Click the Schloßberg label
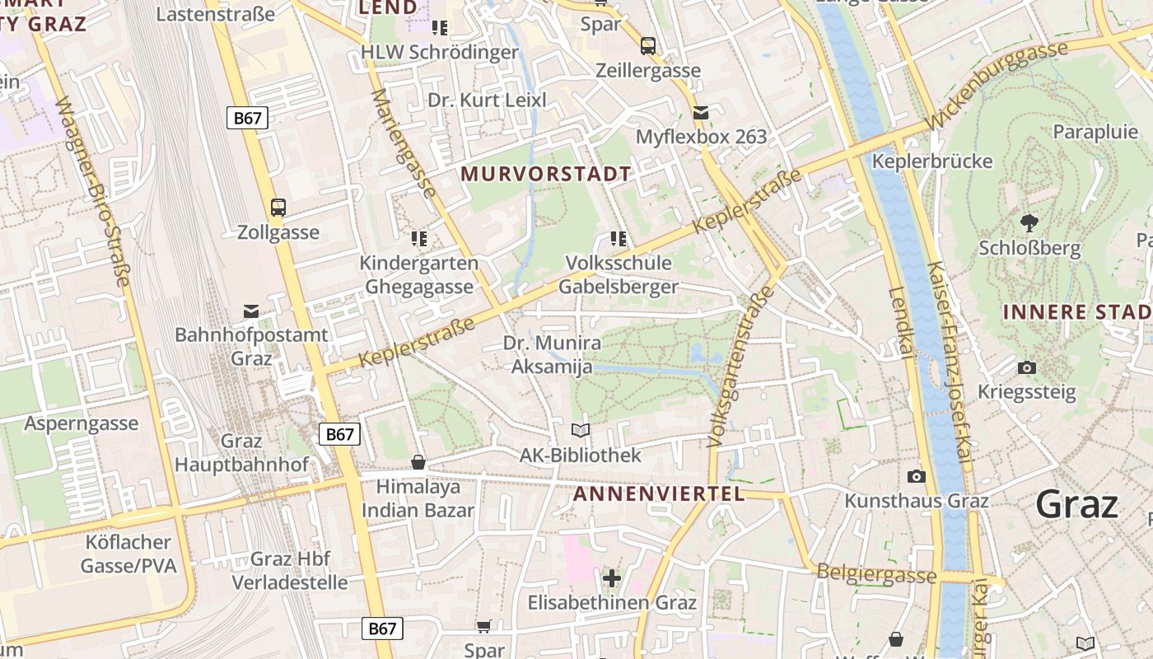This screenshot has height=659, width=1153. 1029,248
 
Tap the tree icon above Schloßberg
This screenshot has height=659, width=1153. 1029,222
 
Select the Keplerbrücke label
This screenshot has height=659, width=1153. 932,161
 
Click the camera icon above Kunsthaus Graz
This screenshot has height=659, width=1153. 916,476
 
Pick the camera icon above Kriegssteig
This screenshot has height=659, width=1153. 1026,367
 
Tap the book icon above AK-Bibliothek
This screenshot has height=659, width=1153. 581,430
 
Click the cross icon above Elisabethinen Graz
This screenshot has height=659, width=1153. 611,577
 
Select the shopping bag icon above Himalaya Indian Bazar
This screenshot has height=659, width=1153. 418,462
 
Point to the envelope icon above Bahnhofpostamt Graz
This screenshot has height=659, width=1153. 251,311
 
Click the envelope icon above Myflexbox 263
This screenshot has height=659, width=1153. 701,112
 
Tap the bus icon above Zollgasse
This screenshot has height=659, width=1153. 278,208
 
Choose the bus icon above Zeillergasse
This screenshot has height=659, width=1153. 648,45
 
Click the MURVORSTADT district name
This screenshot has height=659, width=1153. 546,174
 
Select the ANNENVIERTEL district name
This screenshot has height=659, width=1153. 658,494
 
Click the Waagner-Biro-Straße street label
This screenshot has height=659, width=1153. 93,192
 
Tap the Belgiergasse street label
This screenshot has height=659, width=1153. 876,574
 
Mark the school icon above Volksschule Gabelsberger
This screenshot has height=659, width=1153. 619,239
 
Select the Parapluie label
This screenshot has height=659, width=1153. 1095,132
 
